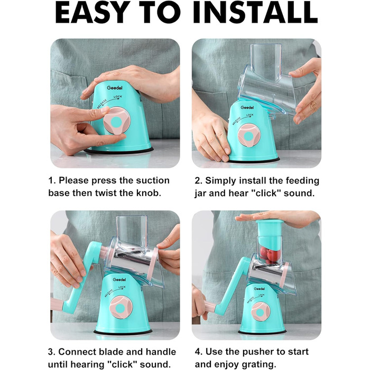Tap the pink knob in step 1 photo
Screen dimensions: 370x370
pos(117,121)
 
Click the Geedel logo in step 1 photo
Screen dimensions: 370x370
pos(115,88)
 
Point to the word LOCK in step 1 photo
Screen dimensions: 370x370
pos(118,97)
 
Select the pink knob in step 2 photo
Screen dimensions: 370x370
pos(249,135)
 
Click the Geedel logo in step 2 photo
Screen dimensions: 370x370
pos(247,107)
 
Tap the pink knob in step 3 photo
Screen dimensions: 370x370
pos(121,307)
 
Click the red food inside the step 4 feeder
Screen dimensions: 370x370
pos(271,255)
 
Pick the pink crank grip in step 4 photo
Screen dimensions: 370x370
pos(209,306)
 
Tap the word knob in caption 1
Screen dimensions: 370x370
pos(149,193)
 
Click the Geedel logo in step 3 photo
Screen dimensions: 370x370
pos(119,280)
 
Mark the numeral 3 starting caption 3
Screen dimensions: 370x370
pos(51,352)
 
